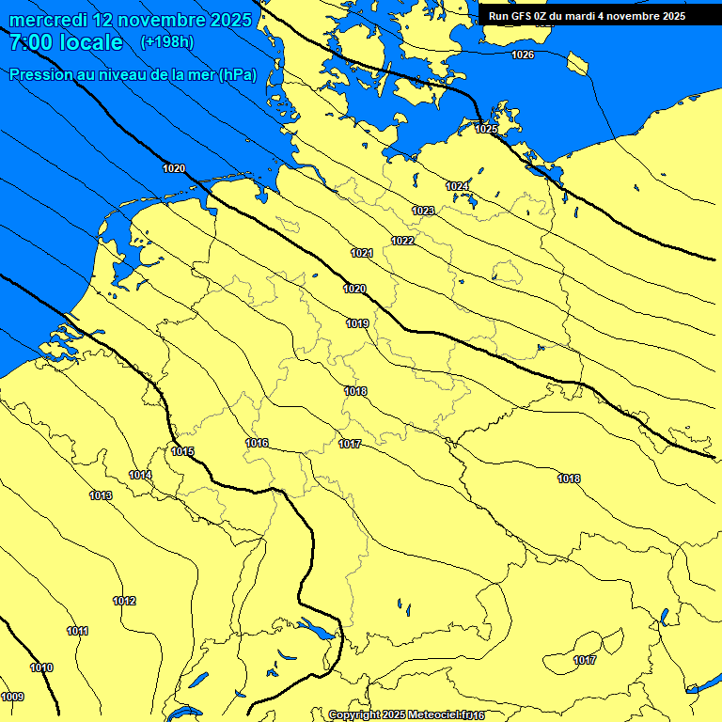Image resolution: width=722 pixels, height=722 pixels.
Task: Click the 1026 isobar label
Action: (x=523, y=55)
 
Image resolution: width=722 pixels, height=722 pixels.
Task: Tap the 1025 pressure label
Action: (x=486, y=129)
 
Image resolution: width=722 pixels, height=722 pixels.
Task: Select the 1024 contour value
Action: (x=457, y=186)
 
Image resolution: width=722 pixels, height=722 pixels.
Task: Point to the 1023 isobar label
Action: (x=423, y=211)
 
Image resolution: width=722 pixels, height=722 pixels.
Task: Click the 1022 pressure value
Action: (x=403, y=241)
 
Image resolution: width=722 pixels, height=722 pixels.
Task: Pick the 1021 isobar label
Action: (x=362, y=253)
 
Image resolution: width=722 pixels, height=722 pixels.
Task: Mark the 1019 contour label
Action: (x=357, y=323)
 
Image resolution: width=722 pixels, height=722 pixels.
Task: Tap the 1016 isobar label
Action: (x=257, y=443)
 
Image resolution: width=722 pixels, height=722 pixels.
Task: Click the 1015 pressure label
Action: (x=182, y=451)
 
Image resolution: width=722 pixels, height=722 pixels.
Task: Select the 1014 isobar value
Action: (x=140, y=475)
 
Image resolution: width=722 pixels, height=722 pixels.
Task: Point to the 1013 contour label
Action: (x=101, y=495)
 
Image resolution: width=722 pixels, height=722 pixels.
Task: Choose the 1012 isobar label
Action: (x=124, y=601)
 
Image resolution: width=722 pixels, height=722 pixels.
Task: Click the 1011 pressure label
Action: (x=77, y=631)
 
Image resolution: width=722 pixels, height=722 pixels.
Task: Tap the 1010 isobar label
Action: (x=41, y=667)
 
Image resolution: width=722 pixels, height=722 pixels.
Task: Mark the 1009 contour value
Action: (x=12, y=697)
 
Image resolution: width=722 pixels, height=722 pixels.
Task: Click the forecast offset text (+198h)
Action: (x=166, y=41)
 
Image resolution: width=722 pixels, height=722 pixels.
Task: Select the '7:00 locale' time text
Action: (x=66, y=42)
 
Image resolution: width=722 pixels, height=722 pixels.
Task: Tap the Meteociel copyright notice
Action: (x=406, y=715)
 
